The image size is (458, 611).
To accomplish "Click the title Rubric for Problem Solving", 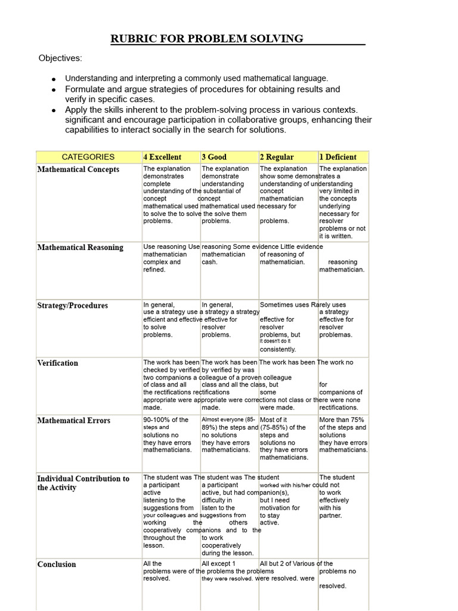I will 207,39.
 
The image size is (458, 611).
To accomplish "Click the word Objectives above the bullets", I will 60,58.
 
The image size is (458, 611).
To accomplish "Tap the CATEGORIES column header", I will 88,157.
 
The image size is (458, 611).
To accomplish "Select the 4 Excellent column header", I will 162,157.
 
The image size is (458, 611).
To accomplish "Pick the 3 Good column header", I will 214,157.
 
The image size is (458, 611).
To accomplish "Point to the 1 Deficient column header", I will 338,157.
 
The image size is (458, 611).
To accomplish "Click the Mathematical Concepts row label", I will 78,169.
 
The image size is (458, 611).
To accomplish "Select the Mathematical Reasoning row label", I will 80,248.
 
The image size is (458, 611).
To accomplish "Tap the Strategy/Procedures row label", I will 73,305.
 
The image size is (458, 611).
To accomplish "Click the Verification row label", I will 58,363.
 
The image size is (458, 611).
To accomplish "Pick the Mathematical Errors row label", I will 73,421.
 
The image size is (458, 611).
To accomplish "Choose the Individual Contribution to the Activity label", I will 83,483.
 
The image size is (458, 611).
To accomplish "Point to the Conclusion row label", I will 57,564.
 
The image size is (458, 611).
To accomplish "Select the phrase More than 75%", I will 342,420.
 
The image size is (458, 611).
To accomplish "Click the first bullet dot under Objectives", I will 54,79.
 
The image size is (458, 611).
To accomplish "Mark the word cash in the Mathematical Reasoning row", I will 209,262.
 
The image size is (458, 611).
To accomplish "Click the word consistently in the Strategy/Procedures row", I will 277,350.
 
